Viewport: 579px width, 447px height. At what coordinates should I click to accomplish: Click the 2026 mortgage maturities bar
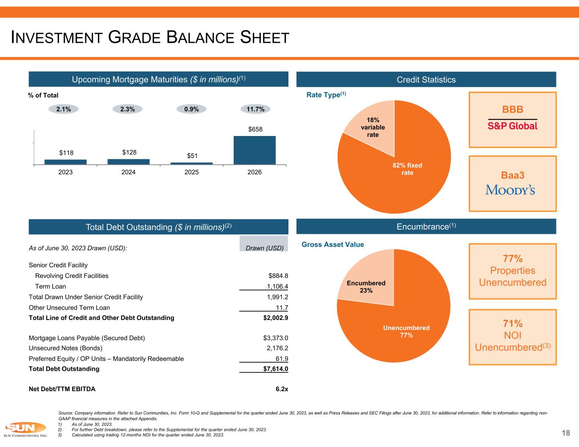pos(255,150)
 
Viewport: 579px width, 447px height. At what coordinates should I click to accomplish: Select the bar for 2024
pos(129,161)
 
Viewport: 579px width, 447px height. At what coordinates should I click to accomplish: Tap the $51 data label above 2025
pos(192,155)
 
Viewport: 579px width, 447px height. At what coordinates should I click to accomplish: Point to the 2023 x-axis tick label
pos(65,172)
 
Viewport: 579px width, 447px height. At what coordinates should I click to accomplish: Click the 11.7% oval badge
pos(256,109)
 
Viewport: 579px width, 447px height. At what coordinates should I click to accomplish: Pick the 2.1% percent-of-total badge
pos(64,109)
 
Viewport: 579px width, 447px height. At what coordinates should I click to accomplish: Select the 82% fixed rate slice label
pos(407,169)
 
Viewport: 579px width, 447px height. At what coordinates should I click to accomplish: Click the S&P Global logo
pos(512,126)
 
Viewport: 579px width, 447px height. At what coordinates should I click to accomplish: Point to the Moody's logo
pos(510,190)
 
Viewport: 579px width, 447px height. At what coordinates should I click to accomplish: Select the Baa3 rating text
pos(512,175)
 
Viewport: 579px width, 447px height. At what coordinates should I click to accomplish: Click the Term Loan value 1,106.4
pos(275,286)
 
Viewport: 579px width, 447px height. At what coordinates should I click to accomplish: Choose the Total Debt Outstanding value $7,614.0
pos(275,369)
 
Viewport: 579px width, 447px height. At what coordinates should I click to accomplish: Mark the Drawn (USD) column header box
pos(264,244)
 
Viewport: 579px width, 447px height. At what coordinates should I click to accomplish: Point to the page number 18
pos(565,433)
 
